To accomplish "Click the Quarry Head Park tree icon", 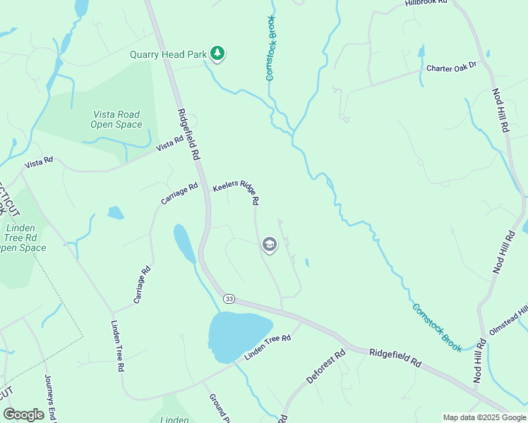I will point(218,54).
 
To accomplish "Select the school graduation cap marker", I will point(269,245).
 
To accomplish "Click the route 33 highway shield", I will point(229,299).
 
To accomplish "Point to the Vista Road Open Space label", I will point(116,119).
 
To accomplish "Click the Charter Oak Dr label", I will point(452,68).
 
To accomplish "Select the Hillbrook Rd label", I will point(427,3).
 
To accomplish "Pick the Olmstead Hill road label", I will point(508,321).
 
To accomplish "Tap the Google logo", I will point(23,415).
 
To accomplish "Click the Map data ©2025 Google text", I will point(484,418).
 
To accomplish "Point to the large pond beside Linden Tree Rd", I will point(238,336).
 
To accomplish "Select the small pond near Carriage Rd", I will point(115,212).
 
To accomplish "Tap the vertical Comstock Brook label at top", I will point(270,48).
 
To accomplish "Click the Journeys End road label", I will point(49,398).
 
